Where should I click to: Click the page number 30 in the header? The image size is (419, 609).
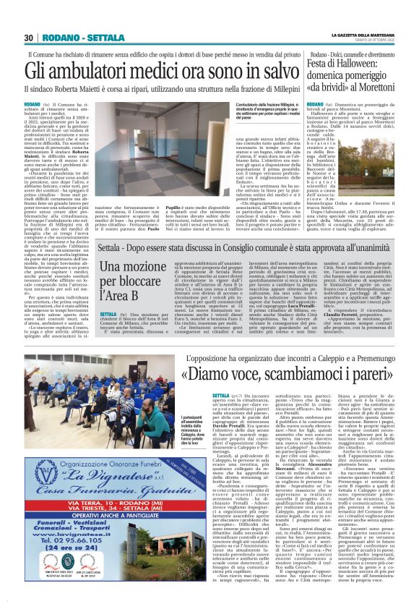[29, 38]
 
